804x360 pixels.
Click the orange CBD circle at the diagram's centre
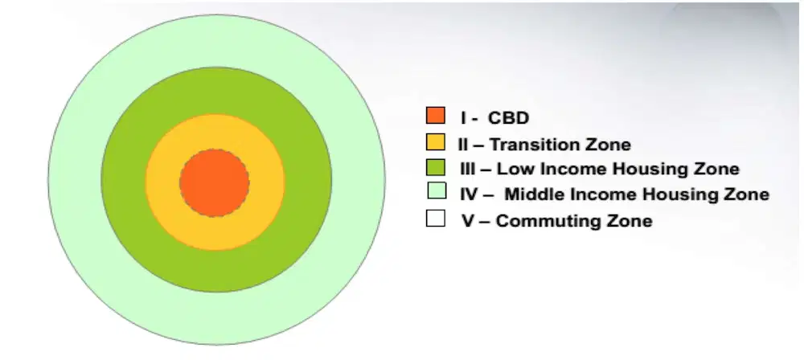point(215,182)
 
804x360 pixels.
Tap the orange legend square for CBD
point(435,116)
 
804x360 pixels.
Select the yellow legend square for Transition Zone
point(435,142)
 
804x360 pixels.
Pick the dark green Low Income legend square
point(435,167)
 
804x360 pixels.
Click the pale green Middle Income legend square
point(437,190)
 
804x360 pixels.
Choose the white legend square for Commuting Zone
point(435,218)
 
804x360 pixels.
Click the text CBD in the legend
point(508,118)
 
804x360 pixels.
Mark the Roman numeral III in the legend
point(468,169)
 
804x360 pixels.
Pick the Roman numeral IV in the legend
point(470,195)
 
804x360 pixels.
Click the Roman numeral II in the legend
point(463,145)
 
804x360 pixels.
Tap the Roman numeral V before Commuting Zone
point(468,222)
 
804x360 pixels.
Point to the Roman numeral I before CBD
point(464,118)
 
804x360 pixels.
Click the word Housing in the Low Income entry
point(641,170)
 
